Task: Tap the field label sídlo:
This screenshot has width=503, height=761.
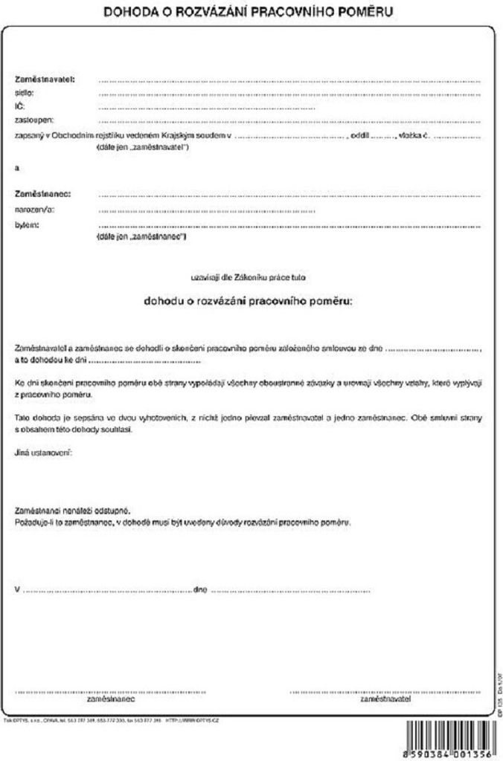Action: (x=25, y=93)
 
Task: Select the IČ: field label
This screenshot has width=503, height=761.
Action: (x=20, y=107)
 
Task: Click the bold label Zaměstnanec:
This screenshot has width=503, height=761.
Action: (x=42, y=194)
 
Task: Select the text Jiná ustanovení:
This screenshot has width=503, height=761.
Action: (x=43, y=452)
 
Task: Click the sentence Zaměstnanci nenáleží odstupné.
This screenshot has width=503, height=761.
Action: (x=73, y=511)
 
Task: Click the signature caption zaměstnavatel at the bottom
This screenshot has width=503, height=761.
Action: (x=385, y=699)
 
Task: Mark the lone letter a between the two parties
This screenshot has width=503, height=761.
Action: (x=16, y=168)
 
